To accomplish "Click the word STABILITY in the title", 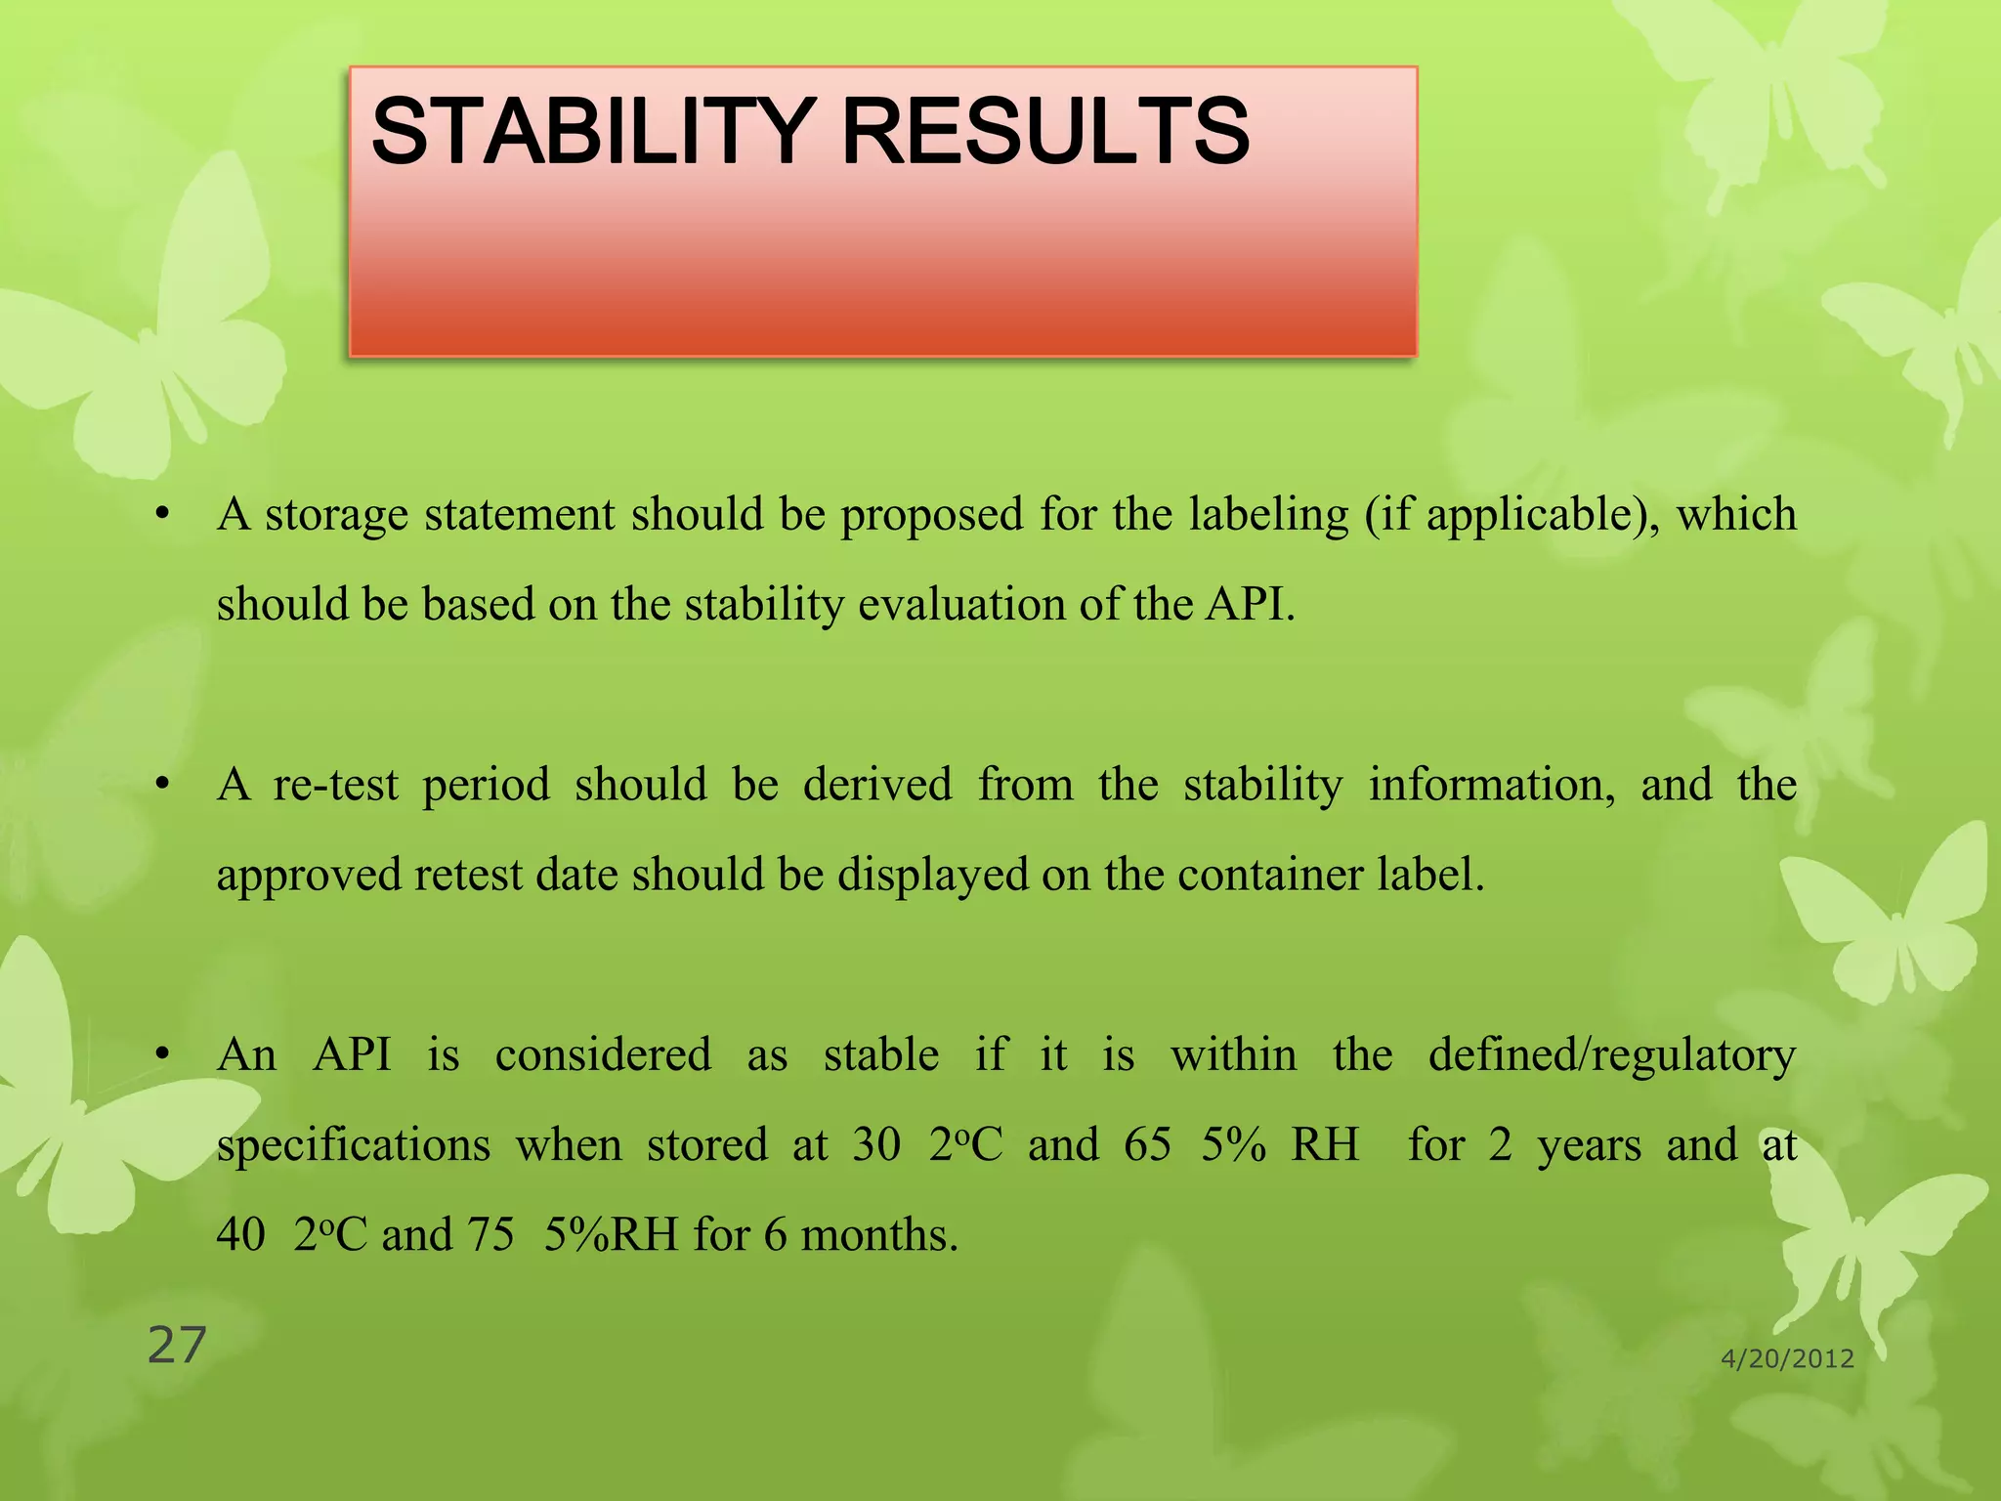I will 592,132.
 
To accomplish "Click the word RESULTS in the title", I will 1044,132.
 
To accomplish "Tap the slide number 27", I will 177,1346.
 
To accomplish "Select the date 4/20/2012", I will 1787,1359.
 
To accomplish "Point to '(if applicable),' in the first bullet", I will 1511,515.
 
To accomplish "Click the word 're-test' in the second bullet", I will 336,785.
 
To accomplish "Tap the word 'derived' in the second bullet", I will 877,785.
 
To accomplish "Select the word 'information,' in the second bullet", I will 1491,785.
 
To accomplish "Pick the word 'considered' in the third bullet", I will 603,1055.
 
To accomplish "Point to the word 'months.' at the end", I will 878,1235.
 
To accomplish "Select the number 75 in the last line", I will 490,1235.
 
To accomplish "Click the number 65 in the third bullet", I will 1147,1145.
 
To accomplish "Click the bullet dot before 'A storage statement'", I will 163,513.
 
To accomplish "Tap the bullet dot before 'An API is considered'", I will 163,1054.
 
